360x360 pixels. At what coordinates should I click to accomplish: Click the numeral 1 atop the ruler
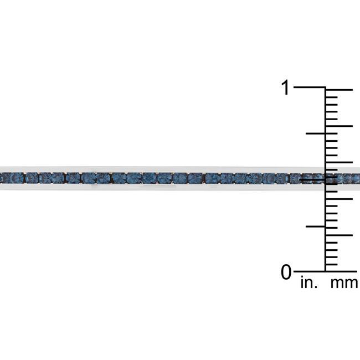[x=285, y=88]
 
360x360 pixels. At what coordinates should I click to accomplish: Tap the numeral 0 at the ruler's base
[x=286, y=272]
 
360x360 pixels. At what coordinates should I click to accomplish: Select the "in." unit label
[x=309, y=282]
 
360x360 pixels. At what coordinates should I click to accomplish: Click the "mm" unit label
[x=344, y=284]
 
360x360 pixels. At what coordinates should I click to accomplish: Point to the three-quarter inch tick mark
[x=316, y=133]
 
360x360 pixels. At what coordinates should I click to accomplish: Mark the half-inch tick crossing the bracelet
[x=312, y=179]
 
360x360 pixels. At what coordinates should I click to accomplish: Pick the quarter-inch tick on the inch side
[x=316, y=227]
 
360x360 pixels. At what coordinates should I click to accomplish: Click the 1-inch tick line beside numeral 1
[x=309, y=88]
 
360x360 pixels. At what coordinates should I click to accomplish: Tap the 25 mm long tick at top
[x=339, y=90]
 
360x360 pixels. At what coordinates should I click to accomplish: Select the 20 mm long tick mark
[x=339, y=126]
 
